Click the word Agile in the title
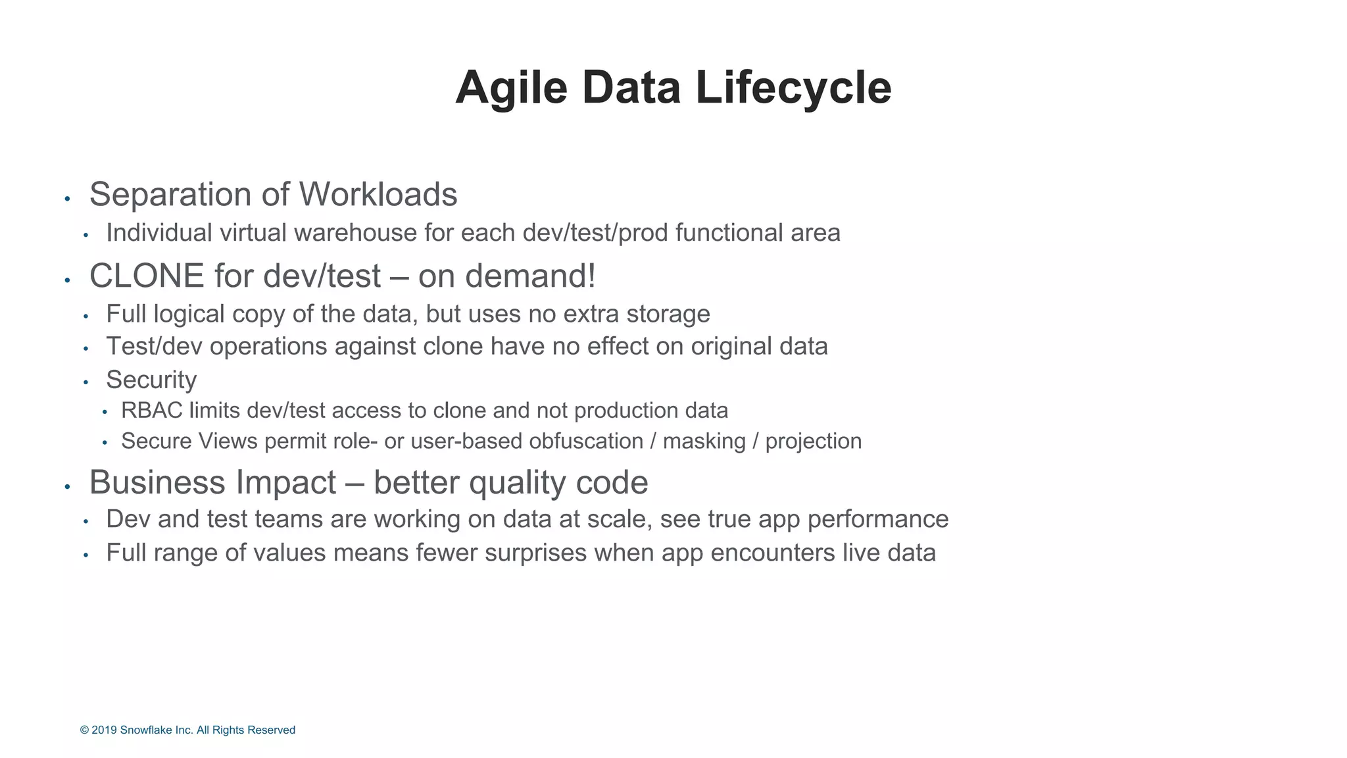coord(511,88)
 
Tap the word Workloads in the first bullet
coord(378,195)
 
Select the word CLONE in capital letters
coord(147,276)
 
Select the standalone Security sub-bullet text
coord(151,380)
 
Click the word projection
coord(813,441)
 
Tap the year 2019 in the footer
coord(104,730)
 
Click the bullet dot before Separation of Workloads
coord(67,198)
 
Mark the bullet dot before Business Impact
coord(67,487)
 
